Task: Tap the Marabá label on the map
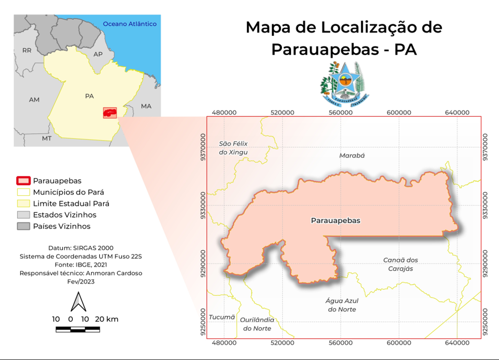tap(352, 156)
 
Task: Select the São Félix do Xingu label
tap(233, 148)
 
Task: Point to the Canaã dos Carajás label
tap(400, 264)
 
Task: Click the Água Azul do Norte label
tap(342, 305)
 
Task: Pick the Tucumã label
tap(222, 317)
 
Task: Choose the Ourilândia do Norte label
tap(257, 324)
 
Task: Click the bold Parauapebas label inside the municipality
tap(335, 220)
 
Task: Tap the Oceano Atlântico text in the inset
tap(130, 24)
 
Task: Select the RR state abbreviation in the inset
tap(27, 51)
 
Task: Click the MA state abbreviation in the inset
tap(146, 106)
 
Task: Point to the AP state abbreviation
tap(98, 54)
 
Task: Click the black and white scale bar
tap(85, 330)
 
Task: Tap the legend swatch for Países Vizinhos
tap(23, 226)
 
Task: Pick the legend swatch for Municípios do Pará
tap(23, 192)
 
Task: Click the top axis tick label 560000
tap(341, 112)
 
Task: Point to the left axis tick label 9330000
tap(203, 205)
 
